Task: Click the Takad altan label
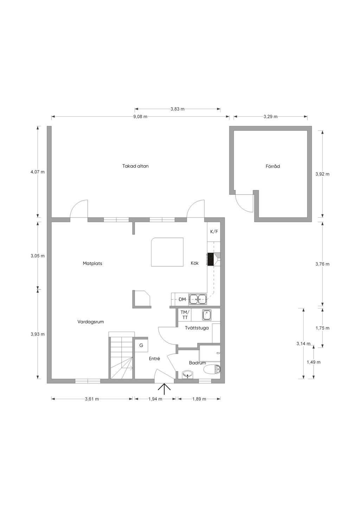(135, 166)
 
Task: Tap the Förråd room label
(273, 167)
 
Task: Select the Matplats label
(92, 263)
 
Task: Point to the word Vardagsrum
(90, 322)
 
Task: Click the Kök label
(195, 263)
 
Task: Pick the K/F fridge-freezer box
(214, 232)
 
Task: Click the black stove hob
(210, 259)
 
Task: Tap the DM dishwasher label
(182, 300)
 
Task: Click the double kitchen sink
(198, 299)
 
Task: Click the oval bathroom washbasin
(188, 374)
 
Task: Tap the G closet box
(141, 345)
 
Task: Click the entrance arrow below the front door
(164, 390)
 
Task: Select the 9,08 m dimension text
(140, 117)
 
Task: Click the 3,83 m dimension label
(178, 109)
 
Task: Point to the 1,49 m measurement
(314, 362)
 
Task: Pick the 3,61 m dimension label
(92, 399)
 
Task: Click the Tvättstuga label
(197, 328)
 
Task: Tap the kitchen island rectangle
(167, 252)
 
